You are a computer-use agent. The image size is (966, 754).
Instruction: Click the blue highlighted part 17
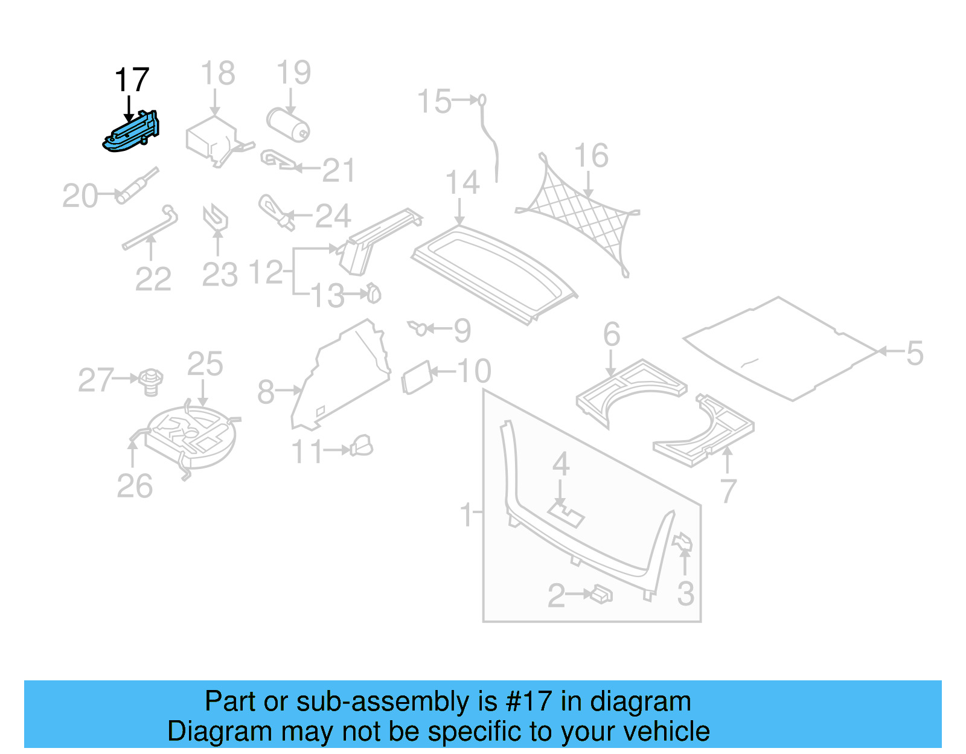point(132,132)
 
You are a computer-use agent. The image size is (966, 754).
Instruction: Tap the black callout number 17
point(132,80)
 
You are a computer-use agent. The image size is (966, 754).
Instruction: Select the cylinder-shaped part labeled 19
point(288,124)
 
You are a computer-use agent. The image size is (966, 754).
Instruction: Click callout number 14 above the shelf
point(462,183)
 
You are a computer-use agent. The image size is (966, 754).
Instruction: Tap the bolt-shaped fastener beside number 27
point(151,382)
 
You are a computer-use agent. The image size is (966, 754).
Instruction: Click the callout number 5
point(915,353)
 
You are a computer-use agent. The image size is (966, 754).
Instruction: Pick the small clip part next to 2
point(602,595)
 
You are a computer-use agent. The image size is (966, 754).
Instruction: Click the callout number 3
point(685,594)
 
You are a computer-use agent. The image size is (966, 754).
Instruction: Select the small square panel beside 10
point(417,378)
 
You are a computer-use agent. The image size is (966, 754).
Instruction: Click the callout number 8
point(266,392)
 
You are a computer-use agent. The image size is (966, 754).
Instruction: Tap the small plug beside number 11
point(362,447)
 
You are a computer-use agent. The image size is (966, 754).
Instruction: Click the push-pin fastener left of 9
point(418,328)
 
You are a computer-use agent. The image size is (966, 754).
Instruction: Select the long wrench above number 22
point(151,229)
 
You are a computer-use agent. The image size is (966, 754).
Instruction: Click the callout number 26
point(135,487)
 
